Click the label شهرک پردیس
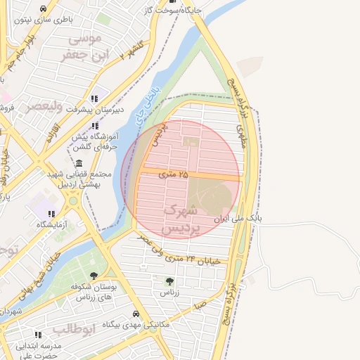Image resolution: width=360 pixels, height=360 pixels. pos(181,219)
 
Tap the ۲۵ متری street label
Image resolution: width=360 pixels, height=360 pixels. pos(173,173)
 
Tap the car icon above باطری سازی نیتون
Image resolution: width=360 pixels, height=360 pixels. pos(44,9)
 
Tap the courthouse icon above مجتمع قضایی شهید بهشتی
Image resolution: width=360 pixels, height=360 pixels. pos(77,164)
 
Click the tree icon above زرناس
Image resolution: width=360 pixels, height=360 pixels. pos(168,281)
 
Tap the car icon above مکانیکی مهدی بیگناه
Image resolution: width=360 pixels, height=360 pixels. pos(136,314)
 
